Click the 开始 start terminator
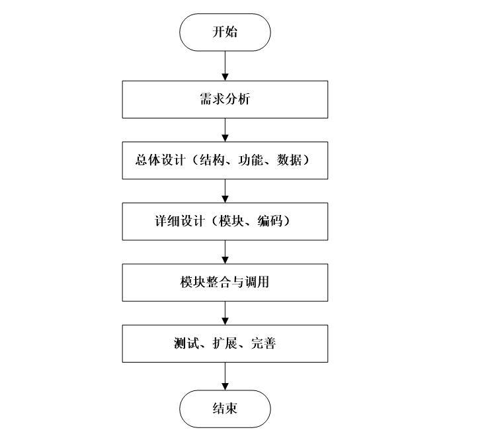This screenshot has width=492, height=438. click(225, 32)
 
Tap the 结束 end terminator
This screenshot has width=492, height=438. click(225, 408)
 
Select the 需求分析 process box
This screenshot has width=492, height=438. click(225, 100)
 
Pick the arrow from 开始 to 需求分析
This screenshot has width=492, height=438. click(225, 65)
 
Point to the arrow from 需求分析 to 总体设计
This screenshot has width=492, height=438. click(225, 130)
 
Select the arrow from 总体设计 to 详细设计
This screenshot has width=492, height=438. click(225, 190)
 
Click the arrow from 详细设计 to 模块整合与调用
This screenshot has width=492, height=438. click(225, 251)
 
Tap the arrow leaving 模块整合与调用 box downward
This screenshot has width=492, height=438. click(225, 312)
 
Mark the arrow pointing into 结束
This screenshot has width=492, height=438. click(225, 376)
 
